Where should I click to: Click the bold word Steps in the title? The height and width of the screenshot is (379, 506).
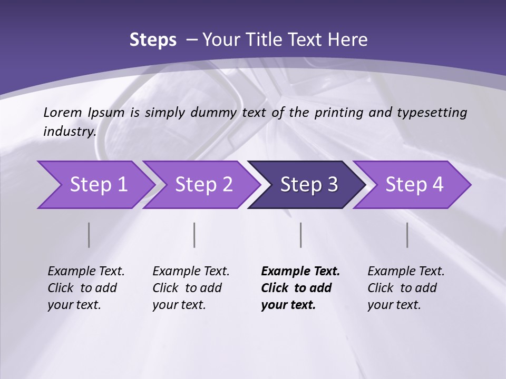153,40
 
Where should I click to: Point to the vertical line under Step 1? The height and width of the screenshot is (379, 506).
89,235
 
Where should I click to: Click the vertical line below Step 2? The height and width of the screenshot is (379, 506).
194,235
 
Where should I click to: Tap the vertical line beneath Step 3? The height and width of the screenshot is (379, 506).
301,235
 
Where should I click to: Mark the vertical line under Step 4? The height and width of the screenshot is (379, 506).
407,235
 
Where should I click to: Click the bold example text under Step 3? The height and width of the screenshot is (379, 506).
300,288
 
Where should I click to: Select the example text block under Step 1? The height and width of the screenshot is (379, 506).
86,288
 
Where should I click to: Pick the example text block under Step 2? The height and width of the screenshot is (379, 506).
191,288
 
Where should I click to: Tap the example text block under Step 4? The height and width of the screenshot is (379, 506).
406,288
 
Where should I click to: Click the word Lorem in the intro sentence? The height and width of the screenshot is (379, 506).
63,113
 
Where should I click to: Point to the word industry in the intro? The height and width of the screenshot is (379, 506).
70,132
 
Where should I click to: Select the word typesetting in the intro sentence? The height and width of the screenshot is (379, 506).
432,113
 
